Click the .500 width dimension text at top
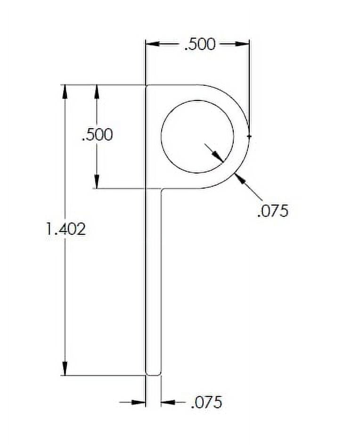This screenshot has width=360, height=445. (x=199, y=44)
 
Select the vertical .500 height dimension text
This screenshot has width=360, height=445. (x=98, y=135)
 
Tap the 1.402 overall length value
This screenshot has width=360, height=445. (x=65, y=229)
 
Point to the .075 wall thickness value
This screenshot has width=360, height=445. (x=272, y=210)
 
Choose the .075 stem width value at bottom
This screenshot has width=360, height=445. (x=206, y=403)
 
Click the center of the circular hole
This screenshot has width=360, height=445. (x=197, y=136)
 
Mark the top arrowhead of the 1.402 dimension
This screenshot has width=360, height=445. (x=65, y=91)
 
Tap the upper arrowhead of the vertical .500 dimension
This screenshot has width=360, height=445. (x=97, y=91)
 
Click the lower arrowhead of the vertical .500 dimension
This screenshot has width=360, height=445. (x=97, y=182)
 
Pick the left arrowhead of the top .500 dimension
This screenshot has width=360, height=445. (x=152, y=44)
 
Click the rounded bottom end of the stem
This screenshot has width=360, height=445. (x=153, y=374)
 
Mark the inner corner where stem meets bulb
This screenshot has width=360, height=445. (x=162, y=189)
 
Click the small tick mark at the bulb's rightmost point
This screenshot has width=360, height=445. (x=249, y=136)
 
